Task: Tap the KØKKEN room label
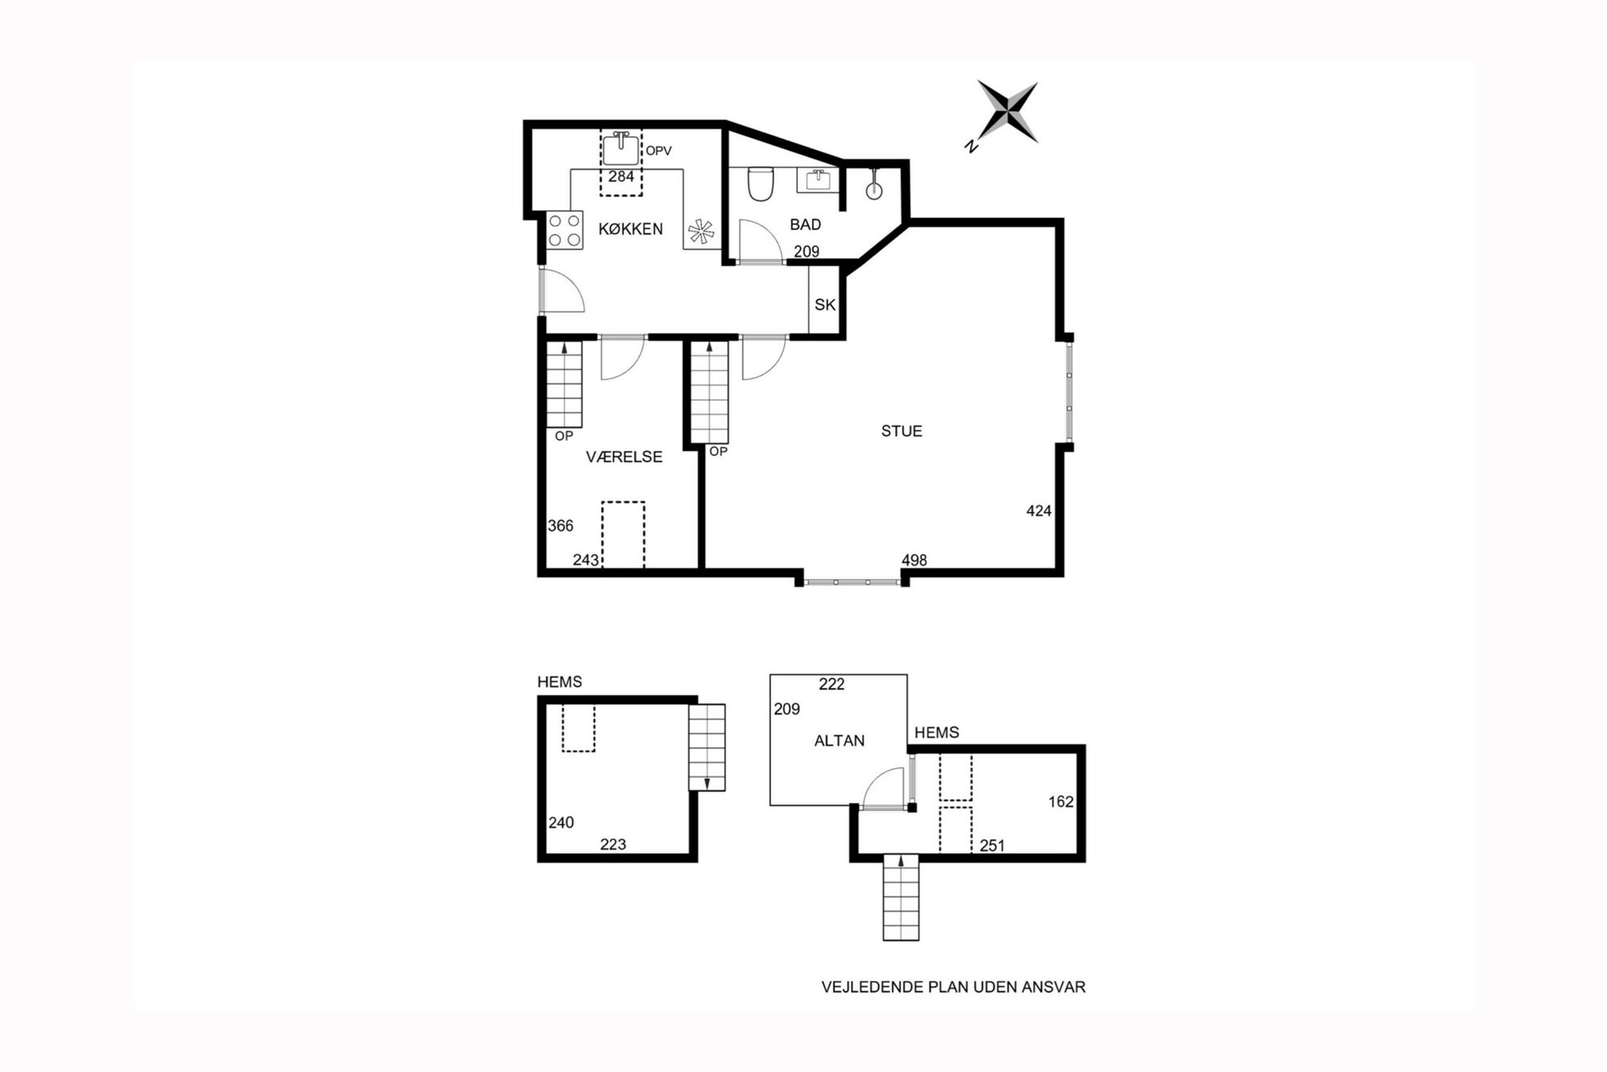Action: pyautogui.click(x=630, y=229)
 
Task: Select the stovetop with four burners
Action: pyautogui.click(x=565, y=229)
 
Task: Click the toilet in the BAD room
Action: pyautogui.click(x=761, y=184)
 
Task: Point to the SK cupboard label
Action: pyautogui.click(x=825, y=305)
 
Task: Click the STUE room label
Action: pyautogui.click(x=902, y=431)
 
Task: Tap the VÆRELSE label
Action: pyautogui.click(x=624, y=457)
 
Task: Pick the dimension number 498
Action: pyautogui.click(x=914, y=560)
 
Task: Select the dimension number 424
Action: pyautogui.click(x=1038, y=510)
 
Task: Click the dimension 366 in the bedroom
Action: pyautogui.click(x=561, y=526)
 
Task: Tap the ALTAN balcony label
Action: pyautogui.click(x=839, y=741)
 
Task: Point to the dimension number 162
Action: pyautogui.click(x=1061, y=801)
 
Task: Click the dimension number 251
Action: pyautogui.click(x=992, y=846)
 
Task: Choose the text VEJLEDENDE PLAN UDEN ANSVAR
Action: pyautogui.click(x=953, y=987)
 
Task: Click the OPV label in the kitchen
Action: pyautogui.click(x=659, y=151)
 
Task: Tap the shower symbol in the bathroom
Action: pyautogui.click(x=873, y=185)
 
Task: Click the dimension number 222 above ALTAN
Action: pyautogui.click(x=832, y=684)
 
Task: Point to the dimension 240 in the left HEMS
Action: pyautogui.click(x=561, y=822)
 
